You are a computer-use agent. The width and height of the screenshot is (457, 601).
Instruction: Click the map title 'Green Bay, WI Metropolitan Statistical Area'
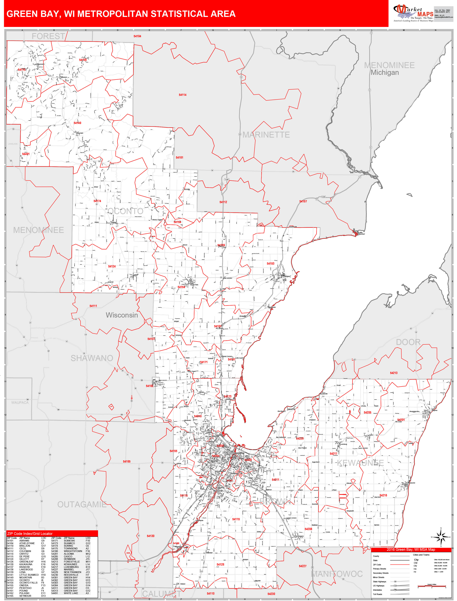tap(121, 14)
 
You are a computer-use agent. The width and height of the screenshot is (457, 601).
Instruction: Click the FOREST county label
tap(48, 36)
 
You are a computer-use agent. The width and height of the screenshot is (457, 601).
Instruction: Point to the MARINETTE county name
tap(266, 135)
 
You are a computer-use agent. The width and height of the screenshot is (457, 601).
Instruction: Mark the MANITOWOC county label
tap(337, 574)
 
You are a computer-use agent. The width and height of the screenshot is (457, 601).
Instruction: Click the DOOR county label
tap(408, 342)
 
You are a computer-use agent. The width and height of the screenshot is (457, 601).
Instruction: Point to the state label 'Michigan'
tap(385, 73)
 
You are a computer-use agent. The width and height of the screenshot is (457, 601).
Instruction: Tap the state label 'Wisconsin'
tap(122, 315)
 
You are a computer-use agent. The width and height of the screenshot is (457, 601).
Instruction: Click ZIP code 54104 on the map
tap(137, 36)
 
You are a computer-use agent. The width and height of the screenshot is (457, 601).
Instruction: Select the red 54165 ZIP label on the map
tap(127, 461)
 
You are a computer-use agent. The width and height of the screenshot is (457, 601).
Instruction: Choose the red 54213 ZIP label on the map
tap(394, 373)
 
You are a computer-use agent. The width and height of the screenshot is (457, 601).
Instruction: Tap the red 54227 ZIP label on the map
tap(302, 566)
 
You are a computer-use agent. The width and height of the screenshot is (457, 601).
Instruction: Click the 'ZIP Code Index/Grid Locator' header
tap(30, 534)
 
